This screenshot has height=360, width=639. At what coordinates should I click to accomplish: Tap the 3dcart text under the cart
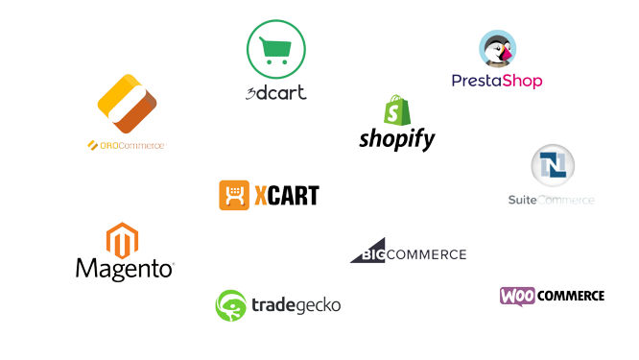[276, 93]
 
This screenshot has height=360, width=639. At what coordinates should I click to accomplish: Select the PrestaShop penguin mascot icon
[497, 49]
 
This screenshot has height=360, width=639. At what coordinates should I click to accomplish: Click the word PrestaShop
[497, 81]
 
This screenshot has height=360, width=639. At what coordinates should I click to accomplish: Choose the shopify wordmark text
[397, 139]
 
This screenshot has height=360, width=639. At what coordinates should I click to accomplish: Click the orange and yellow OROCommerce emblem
[127, 105]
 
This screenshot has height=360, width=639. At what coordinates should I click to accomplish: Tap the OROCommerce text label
[127, 146]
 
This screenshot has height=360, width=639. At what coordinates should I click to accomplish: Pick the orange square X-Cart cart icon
[233, 195]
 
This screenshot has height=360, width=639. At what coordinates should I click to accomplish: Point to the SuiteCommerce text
[551, 200]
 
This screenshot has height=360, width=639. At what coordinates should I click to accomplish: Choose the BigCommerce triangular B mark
[366, 252]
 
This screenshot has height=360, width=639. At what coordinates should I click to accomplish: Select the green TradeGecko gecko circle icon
[230, 305]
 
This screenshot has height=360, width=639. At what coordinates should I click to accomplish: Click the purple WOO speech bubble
[517, 296]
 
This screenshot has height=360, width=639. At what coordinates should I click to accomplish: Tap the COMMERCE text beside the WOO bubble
[571, 296]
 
